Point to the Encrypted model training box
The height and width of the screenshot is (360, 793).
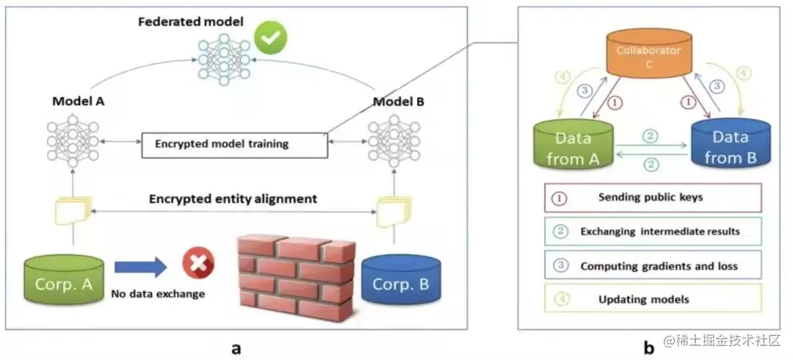pyautogui.click(x=234, y=144)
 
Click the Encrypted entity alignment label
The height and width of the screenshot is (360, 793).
pyautogui.click(x=233, y=198)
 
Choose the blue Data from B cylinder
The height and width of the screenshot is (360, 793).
pyautogui.click(x=728, y=145)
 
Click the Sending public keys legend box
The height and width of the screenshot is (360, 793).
pyautogui.click(x=652, y=197)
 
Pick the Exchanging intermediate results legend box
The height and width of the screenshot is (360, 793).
pyautogui.click(x=652, y=231)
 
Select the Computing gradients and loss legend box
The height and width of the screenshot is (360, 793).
pyautogui.click(x=652, y=265)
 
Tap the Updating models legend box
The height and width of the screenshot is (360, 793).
pyautogui.click(x=652, y=299)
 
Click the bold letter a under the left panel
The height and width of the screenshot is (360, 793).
pyautogui.click(x=236, y=348)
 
